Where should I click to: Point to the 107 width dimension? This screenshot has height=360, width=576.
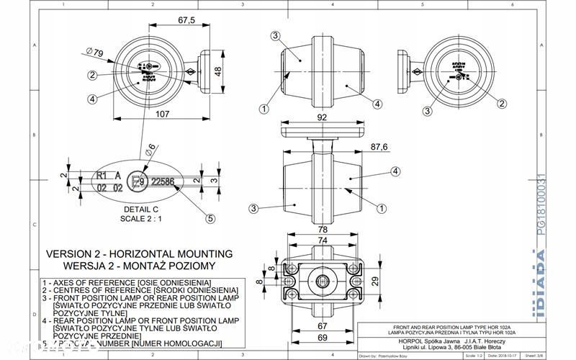[x=162, y=114]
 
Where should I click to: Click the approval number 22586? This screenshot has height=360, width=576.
[x=163, y=182]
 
